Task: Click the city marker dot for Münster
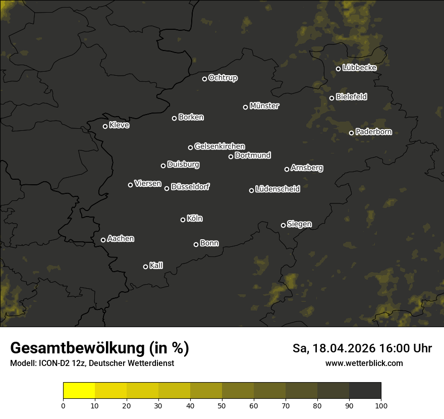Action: [x=246, y=107]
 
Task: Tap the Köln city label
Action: [x=195, y=219]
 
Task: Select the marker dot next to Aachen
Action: [x=103, y=240]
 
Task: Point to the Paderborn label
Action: [x=373, y=132]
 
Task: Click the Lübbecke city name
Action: [x=359, y=68]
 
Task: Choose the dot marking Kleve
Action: [x=105, y=126]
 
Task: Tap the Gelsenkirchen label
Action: [x=219, y=146]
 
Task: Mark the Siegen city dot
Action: [x=283, y=225]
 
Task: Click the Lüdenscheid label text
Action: [x=277, y=189]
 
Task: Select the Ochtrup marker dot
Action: [x=205, y=79]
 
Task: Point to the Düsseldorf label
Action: [x=190, y=187]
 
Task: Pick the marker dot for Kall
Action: [x=146, y=267]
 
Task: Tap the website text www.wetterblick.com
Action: [x=364, y=363]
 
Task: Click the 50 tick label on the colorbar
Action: [x=222, y=405]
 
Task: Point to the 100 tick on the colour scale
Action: [x=381, y=405]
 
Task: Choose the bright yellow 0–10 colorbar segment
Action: [x=79, y=391]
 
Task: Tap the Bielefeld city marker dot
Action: [x=332, y=98]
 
